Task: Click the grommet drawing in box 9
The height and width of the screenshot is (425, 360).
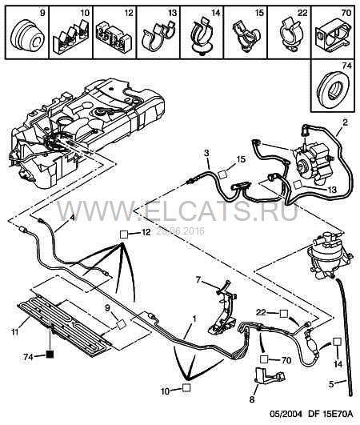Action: click(27, 34)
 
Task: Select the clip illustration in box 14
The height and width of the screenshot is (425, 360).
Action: click(202, 37)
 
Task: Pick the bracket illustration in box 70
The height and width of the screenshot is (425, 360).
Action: click(333, 35)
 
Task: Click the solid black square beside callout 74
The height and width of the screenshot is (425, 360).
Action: click(50, 354)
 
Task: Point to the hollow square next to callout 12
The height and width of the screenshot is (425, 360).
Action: click(124, 234)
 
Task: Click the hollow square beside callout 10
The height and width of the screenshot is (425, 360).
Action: click(186, 387)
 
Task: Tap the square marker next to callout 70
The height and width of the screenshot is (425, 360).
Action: click(264, 359)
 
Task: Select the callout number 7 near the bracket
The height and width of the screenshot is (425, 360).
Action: click(198, 279)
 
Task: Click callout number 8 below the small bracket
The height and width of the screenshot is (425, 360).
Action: click(252, 399)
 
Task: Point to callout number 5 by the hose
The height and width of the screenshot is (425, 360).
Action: click(331, 384)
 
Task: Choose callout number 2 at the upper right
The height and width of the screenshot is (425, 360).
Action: click(345, 122)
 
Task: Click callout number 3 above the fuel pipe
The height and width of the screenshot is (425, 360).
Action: click(206, 153)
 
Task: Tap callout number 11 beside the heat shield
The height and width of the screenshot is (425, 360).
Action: click(15, 331)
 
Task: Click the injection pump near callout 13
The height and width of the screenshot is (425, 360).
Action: click(312, 163)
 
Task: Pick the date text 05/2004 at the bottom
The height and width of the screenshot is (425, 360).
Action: click(286, 415)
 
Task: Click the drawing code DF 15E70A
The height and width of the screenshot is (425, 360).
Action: click(330, 415)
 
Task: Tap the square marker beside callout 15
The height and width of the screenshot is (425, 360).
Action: click(222, 174)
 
